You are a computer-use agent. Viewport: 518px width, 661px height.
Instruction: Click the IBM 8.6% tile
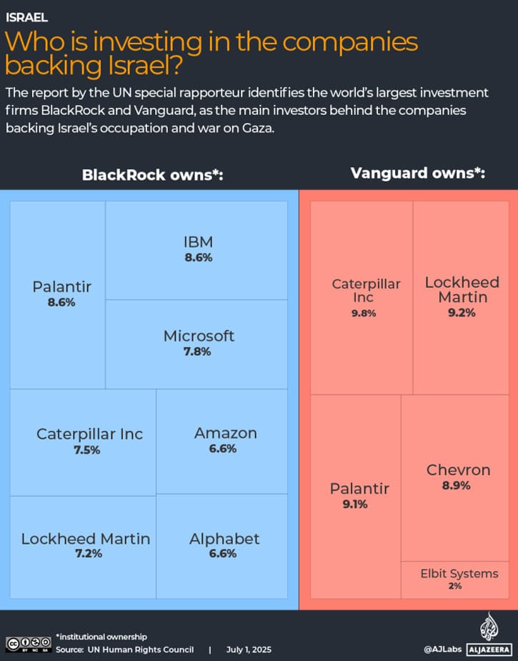tap(198, 250)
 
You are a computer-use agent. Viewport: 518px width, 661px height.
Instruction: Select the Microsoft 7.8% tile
tap(198, 343)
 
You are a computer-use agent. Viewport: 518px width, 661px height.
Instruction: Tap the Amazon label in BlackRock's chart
tap(225, 433)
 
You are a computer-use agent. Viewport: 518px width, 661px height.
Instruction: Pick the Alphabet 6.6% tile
tap(224, 546)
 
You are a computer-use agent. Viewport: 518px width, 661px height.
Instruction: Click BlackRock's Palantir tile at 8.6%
tap(62, 294)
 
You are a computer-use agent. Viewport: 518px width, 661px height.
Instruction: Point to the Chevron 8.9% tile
tap(458, 477)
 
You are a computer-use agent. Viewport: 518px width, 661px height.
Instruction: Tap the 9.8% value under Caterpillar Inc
tap(363, 313)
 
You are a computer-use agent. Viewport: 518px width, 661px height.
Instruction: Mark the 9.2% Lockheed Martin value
tap(462, 312)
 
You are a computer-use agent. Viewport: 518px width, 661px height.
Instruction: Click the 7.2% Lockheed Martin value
tap(85, 555)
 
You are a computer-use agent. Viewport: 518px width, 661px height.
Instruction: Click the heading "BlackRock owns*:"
tap(153, 175)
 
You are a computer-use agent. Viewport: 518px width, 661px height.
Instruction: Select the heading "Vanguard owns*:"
tap(418, 173)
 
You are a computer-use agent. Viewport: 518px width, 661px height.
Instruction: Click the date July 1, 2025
tap(249, 650)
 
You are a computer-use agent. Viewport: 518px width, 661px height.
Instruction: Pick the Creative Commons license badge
tap(27, 644)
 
